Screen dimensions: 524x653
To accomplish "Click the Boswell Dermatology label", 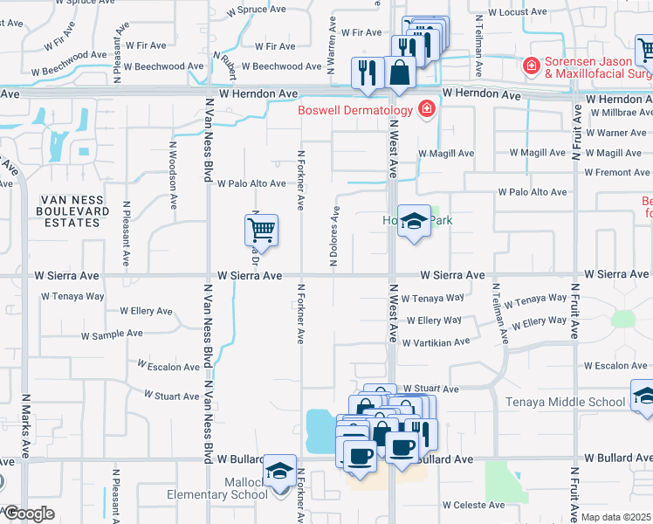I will pyautogui.click(x=354, y=110).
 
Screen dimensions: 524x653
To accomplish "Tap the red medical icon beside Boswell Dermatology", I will pyautogui.click(x=427, y=109).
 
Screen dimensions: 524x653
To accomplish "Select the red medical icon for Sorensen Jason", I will pyautogui.click(x=530, y=65).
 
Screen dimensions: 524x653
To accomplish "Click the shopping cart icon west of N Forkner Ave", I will pyautogui.click(x=262, y=231).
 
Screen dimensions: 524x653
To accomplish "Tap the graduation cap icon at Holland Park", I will pyautogui.click(x=415, y=221).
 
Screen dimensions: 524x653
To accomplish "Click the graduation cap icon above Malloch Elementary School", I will pyautogui.click(x=279, y=471).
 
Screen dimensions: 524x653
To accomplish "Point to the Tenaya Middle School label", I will pyautogui.click(x=566, y=402).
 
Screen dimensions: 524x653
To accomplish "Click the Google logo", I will pyautogui.click(x=28, y=514).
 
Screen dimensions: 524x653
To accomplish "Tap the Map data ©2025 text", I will pyautogui.click(x=615, y=517).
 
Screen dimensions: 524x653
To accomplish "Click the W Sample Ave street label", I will pyautogui.click(x=112, y=334).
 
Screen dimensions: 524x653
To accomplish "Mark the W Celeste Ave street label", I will pyautogui.click(x=473, y=505).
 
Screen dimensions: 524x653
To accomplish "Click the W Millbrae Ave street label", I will pyautogui.click(x=620, y=114).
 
